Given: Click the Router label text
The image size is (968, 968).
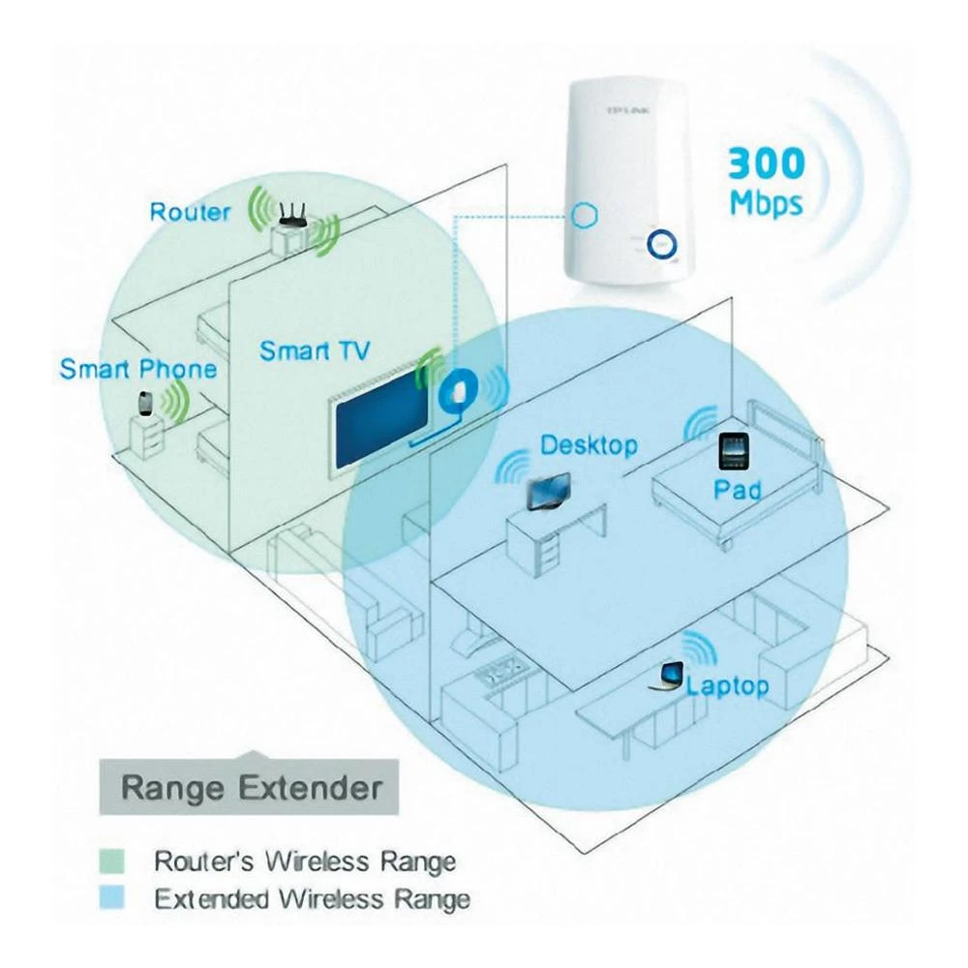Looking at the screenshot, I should (x=190, y=211).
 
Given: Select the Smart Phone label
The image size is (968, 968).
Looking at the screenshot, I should (x=137, y=369).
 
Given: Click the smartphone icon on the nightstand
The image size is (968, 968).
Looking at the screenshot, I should (x=146, y=404).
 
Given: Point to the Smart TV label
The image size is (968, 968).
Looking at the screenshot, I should (x=314, y=350).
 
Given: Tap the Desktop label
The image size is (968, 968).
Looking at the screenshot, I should (x=589, y=445).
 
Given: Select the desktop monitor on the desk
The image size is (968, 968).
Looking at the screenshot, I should (x=549, y=491).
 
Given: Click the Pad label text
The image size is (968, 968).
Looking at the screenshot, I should (x=738, y=490).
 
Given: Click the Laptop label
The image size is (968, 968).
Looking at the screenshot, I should (x=727, y=686).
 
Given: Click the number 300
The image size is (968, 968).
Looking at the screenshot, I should (x=766, y=163).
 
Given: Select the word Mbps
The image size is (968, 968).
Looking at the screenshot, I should (x=766, y=203).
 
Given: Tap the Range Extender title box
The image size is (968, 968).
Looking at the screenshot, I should (x=251, y=787).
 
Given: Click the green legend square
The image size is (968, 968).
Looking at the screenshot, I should (x=113, y=860).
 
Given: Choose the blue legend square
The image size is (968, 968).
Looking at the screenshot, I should (x=113, y=898).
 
